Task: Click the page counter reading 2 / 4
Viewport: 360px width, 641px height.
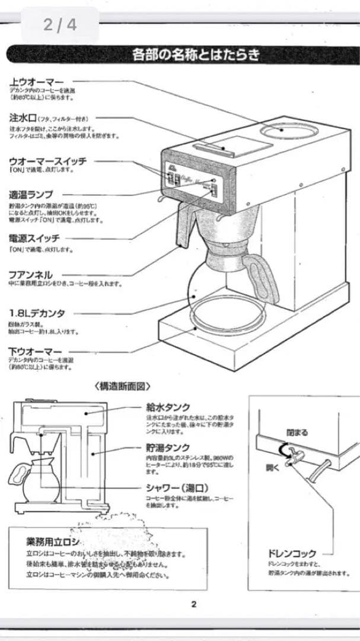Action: click(x=60, y=25)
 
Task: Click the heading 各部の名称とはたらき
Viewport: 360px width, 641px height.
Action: click(x=195, y=56)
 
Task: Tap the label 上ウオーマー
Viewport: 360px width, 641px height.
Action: click(x=36, y=81)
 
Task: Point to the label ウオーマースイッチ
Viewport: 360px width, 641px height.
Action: click(x=48, y=161)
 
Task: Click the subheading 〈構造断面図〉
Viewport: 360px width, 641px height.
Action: click(x=123, y=386)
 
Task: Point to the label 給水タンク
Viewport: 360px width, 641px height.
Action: click(x=168, y=407)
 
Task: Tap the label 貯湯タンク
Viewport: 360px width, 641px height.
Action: click(x=168, y=448)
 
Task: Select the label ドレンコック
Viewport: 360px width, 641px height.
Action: click(x=292, y=554)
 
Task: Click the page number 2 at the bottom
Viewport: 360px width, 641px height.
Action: click(x=194, y=605)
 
